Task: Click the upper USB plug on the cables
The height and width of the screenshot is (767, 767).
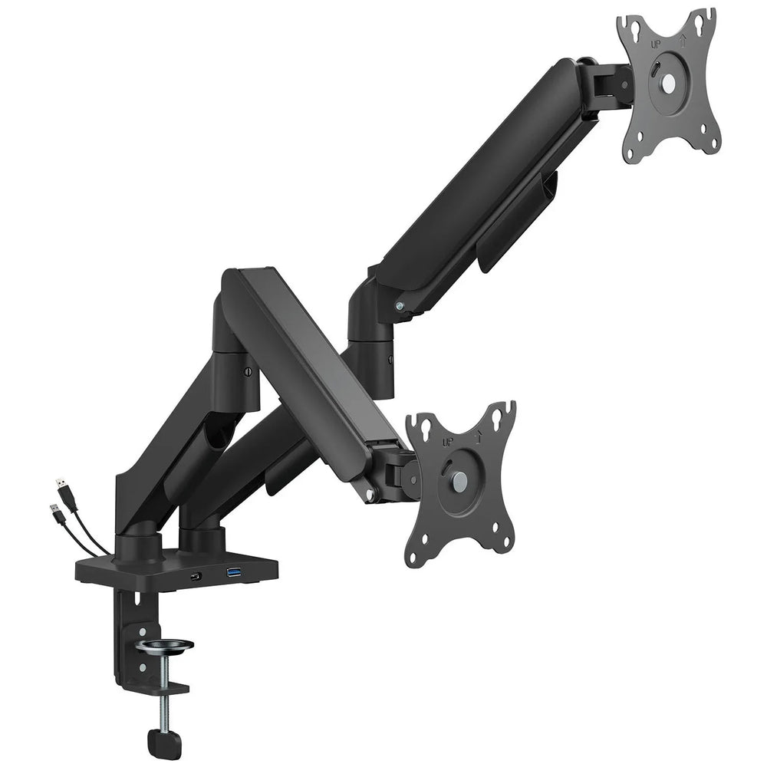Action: click(x=61, y=486)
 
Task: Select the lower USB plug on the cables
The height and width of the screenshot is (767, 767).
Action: click(x=54, y=511)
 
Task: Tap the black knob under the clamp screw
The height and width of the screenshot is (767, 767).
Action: click(x=164, y=742)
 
